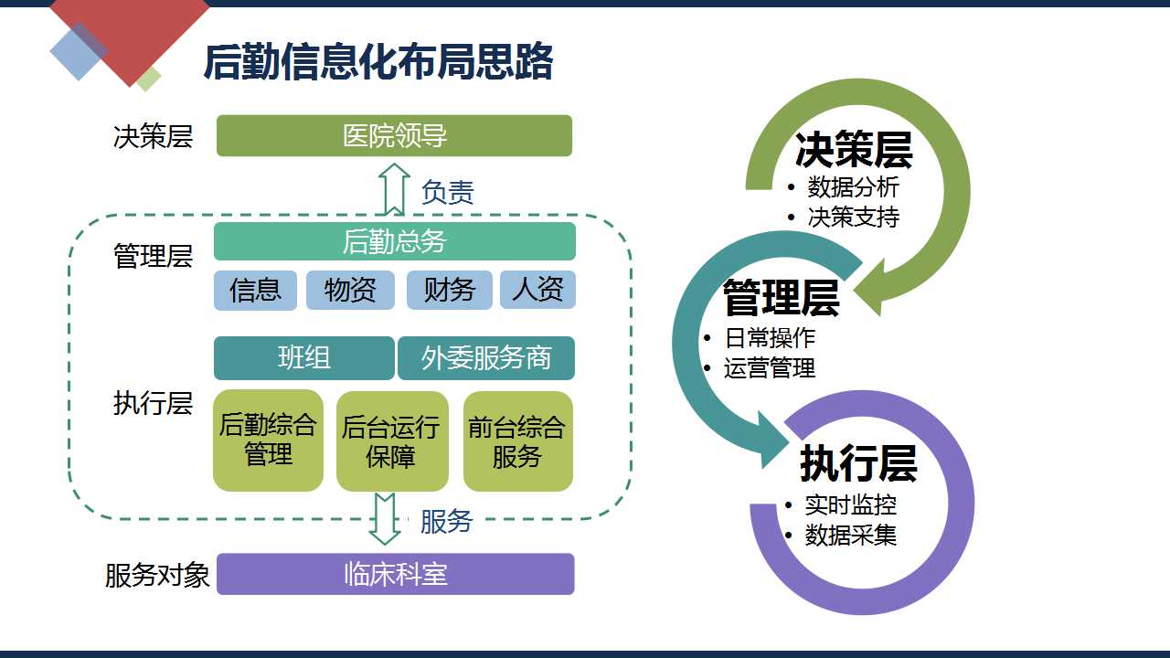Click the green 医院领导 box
click(394, 136)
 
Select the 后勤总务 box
click(394, 241)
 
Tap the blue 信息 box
click(255, 291)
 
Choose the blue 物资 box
click(350, 291)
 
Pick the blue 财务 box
click(449, 291)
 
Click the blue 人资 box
click(538, 290)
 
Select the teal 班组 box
click(304, 358)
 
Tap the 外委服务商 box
click(486, 358)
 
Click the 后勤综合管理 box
click(268, 440)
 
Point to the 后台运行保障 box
click(392, 441)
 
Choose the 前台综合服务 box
click(517, 441)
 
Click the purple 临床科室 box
click(396, 574)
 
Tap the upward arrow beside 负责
click(394, 189)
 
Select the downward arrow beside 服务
click(385, 518)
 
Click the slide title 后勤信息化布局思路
click(378, 62)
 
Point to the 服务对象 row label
click(157, 576)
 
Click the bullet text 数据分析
click(854, 187)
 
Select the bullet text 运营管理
click(770, 367)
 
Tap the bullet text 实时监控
click(850, 505)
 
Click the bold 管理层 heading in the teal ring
click(782, 298)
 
